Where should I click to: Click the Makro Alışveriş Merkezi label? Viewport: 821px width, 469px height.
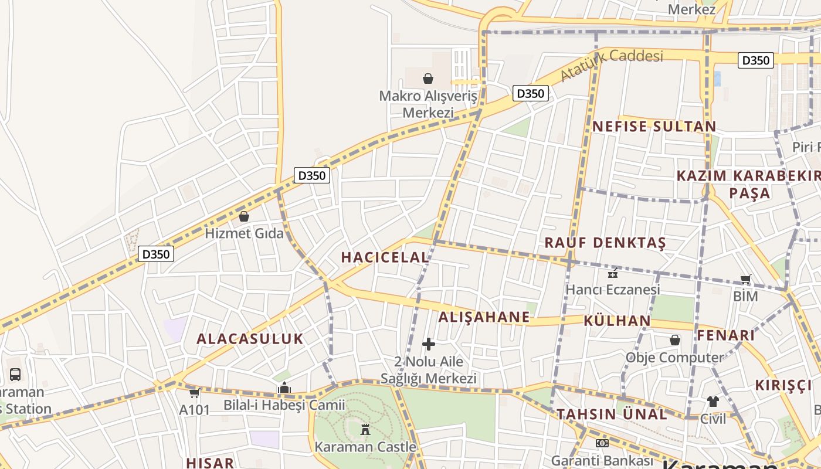(x=428, y=104)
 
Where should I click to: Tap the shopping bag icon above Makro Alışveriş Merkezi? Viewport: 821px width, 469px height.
(x=428, y=79)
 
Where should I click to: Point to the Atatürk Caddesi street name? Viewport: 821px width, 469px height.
(x=611, y=64)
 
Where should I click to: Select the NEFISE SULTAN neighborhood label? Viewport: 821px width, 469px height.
(x=654, y=127)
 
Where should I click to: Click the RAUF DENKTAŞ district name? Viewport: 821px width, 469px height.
(x=605, y=243)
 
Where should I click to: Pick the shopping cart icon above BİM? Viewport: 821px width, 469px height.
(x=745, y=280)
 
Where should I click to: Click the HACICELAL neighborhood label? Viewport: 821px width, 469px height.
(x=385, y=257)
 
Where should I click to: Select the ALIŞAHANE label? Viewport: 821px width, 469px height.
(x=484, y=317)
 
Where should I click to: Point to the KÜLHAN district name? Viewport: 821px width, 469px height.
(x=617, y=321)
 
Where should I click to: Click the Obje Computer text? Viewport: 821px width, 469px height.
(x=674, y=357)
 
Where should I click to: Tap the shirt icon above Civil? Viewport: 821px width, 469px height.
(x=713, y=402)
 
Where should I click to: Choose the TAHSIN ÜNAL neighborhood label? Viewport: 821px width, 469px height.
(x=612, y=414)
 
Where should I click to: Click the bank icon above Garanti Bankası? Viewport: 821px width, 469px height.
(x=602, y=443)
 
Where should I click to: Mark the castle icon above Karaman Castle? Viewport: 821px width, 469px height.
(x=365, y=430)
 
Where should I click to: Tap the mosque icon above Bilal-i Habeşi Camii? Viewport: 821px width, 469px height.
(x=284, y=388)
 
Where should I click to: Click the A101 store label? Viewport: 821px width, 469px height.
(x=194, y=409)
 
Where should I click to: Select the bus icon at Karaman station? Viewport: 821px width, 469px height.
(x=15, y=374)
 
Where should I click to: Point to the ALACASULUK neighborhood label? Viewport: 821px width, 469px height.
(x=250, y=339)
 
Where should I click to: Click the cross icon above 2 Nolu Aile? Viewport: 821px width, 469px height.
(x=429, y=344)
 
